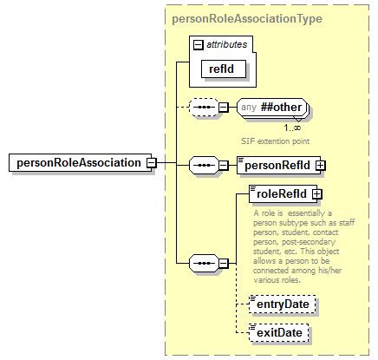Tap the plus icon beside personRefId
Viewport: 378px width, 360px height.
click(x=319, y=163)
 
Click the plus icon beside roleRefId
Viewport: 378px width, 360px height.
click(x=316, y=195)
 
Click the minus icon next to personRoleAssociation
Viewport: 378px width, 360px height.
click(x=151, y=162)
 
